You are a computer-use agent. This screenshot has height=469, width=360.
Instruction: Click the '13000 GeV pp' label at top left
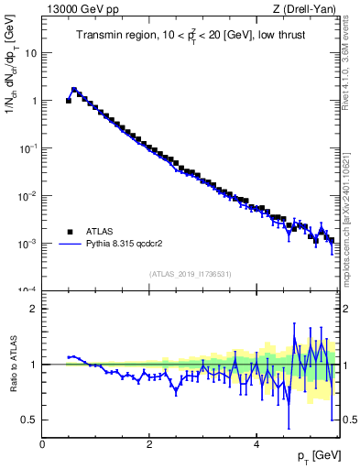[80, 9]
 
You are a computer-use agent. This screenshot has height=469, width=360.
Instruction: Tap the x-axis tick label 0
[42, 444]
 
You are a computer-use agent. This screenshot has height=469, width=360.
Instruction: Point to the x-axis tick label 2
[149, 444]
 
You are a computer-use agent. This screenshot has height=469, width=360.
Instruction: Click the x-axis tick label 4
[256, 444]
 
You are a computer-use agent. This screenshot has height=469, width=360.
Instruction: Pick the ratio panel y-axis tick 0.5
[28, 420]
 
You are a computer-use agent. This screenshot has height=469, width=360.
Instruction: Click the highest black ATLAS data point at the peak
[74, 91]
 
